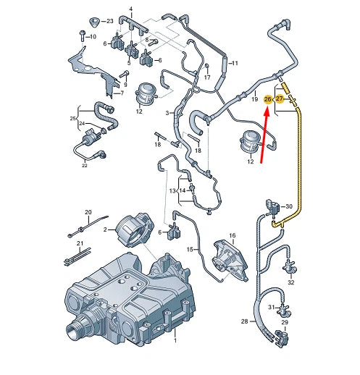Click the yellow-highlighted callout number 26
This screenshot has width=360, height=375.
[268, 99]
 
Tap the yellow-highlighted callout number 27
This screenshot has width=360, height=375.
[280, 99]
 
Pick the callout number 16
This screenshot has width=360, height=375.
[233, 236]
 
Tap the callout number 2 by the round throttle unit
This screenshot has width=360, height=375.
[104, 229]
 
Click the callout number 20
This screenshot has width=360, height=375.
[88, 212]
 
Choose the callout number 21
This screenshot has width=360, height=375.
[80, 243]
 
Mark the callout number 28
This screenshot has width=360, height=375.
[245, 321]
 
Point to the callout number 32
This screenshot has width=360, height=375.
[291, 283]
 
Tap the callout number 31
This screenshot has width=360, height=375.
[270, 307]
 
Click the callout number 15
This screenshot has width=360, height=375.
[190, 250]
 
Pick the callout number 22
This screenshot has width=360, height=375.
[84, 166]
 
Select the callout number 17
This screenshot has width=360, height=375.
[207, 77]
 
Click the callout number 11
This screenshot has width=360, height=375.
[233, 64]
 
